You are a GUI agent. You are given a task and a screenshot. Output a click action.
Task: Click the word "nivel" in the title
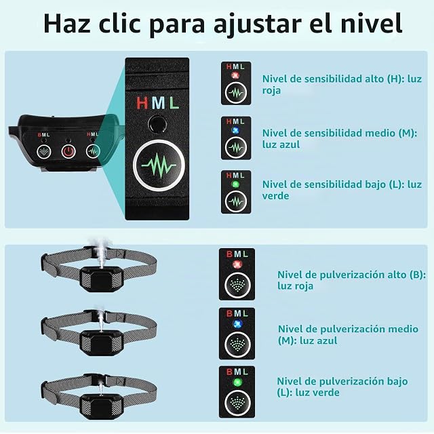click(371, 23)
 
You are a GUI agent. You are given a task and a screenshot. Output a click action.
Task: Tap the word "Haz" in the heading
click(67, 23)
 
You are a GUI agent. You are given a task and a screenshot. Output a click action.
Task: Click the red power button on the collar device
click(68, 151)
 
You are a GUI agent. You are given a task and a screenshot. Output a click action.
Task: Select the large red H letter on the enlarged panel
click(142, 102)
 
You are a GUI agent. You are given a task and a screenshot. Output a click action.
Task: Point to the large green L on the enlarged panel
click(174, 102)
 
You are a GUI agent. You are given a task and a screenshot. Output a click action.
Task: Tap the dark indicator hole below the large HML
click(157, 123)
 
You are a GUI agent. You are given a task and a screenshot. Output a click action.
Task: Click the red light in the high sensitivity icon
click(235, 75)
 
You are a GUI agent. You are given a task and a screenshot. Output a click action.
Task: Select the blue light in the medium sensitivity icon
click(235, 130)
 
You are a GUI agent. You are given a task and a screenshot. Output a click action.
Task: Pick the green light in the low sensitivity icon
click(235, 184)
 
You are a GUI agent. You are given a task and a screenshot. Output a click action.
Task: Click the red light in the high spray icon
click(237, 264)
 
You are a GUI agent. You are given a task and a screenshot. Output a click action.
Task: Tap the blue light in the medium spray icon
click(237, 323)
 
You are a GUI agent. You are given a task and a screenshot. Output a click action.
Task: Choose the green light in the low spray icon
click(237, 382)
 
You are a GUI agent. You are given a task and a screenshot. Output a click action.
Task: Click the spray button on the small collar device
click(43, 152)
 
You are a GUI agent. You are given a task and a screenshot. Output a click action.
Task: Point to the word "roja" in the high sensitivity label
click(271, 90)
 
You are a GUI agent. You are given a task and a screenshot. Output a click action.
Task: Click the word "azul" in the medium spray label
click(328, 340)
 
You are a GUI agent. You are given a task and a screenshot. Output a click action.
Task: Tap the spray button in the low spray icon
click(237, 402)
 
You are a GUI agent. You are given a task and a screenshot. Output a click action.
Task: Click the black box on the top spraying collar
click(101, 278)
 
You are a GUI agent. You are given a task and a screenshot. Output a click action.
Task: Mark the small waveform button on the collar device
click(93, 151)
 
